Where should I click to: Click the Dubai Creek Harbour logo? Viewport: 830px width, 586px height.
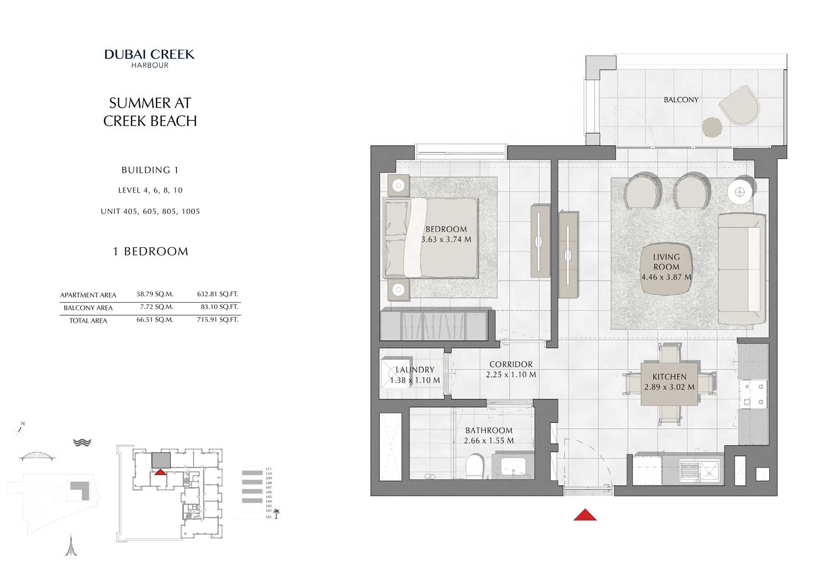(x=149, y=58)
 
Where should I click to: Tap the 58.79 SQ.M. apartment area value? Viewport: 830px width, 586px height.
(x=155, y=294)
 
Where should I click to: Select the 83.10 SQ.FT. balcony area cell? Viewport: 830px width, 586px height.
(x=219, y=307)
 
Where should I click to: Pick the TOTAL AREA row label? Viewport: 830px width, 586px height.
(x=88, y=321)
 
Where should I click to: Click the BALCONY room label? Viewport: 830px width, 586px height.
(x=681, y=100)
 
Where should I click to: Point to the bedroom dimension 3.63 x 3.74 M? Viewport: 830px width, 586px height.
(x=446, y=239)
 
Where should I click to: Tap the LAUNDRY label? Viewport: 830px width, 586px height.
(x=415, y=370)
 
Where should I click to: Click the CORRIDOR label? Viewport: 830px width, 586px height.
(x=511, y=364)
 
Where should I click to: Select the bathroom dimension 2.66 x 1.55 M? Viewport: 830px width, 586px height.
(x=488, y=441)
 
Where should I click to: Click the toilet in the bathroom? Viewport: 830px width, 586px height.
(x=474, y=468)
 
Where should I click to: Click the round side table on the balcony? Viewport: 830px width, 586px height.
(x=711, y=128)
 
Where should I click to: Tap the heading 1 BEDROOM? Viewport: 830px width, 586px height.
(x=150, y=252)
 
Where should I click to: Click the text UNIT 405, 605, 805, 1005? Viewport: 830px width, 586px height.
(x=150, y=211)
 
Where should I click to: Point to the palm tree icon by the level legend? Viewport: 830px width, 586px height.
(x=276, y=514)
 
